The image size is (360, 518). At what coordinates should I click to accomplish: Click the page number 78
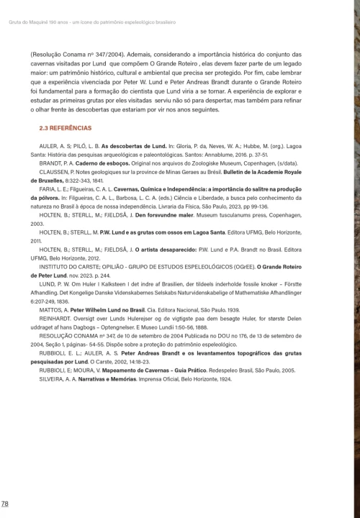click(5, 503)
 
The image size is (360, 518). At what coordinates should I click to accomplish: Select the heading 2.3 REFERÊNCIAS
click(65, 127)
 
